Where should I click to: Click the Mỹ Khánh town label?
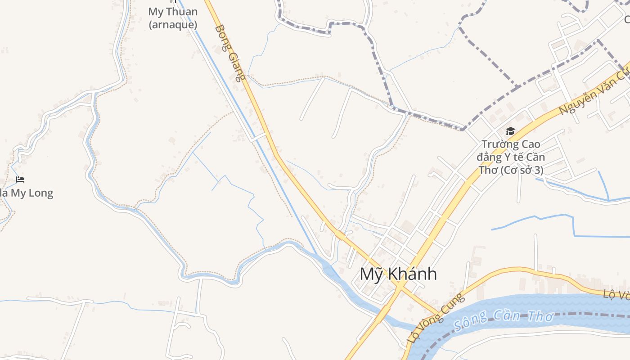(398, 274)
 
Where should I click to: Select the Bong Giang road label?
(230, 53)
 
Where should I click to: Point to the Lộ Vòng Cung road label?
(435, 318)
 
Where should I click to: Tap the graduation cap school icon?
(510, 131)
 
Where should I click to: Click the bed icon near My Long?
(20, 180)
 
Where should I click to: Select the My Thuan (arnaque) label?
(173, 18)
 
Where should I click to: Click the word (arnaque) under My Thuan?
(173, 24)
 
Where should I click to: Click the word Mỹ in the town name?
(370, 274)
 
